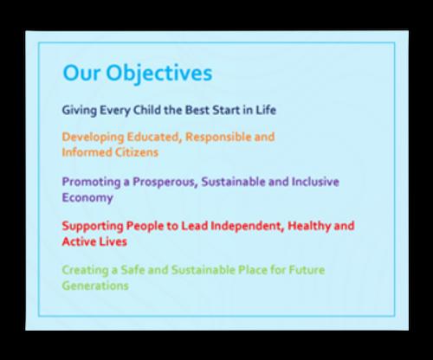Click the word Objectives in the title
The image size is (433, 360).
click(159, 74)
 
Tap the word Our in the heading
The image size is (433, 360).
click(81, 73)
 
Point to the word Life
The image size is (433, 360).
click(266, 110)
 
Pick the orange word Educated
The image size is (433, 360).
click(154, 137)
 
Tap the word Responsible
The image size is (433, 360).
click(218, 138)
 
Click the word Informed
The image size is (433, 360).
click(87, 152)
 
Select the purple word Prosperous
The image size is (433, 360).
click(165, 183)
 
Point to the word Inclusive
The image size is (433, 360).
click(315, 182)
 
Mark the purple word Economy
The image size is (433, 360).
click(87, 198)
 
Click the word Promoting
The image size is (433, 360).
click(91, 183)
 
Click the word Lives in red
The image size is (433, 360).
click(112, 241)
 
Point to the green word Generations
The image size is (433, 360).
click(95, 286)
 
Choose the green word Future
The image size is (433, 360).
click(307, 270)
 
